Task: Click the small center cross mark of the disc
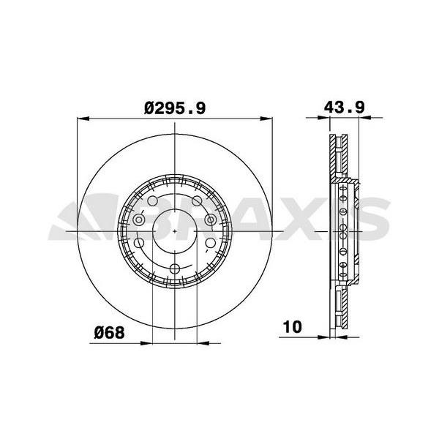(x=175, y=232)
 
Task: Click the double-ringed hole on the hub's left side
(x=139, y=219)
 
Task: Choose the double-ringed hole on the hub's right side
(x=211, y=219)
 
